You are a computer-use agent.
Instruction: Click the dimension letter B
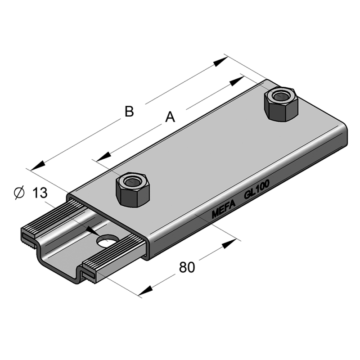129,111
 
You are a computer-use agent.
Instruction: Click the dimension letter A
170,117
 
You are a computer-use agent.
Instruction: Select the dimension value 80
187,267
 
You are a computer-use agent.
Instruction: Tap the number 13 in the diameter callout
40,193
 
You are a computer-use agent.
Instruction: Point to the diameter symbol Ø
19,193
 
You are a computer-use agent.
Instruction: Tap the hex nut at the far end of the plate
282,103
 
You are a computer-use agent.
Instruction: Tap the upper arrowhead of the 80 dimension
229,244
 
